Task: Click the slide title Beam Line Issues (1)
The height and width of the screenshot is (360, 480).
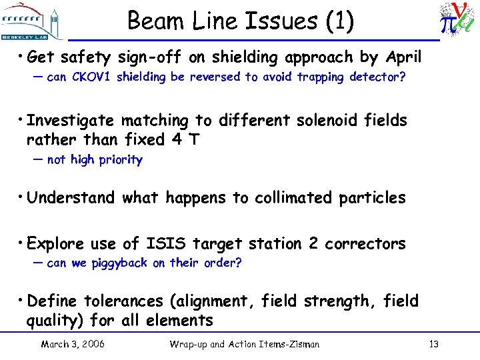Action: tap(240, 21)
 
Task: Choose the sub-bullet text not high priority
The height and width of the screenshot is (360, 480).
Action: tap(95, 160)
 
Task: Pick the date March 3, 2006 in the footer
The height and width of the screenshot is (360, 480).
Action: tap(73, 345)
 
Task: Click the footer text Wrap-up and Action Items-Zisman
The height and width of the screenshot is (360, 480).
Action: tap(245, 345)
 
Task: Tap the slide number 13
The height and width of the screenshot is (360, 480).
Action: tap(433, 345)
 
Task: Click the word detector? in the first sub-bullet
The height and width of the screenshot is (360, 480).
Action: tap(381, 77)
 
